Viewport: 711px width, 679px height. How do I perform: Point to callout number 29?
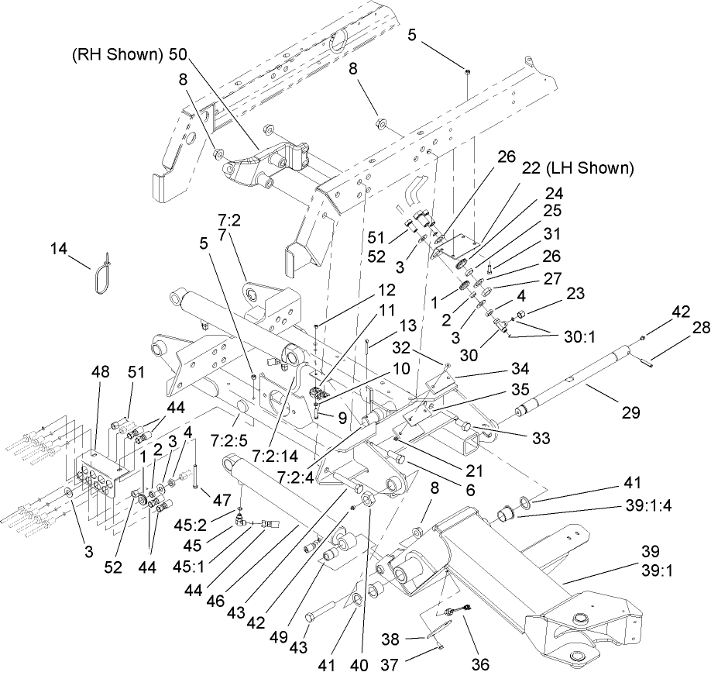[x=631, y=413]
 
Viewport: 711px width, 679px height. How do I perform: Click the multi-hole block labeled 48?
[x=98, y=473]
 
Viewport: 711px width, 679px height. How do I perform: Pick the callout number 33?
[x=529, y=437]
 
